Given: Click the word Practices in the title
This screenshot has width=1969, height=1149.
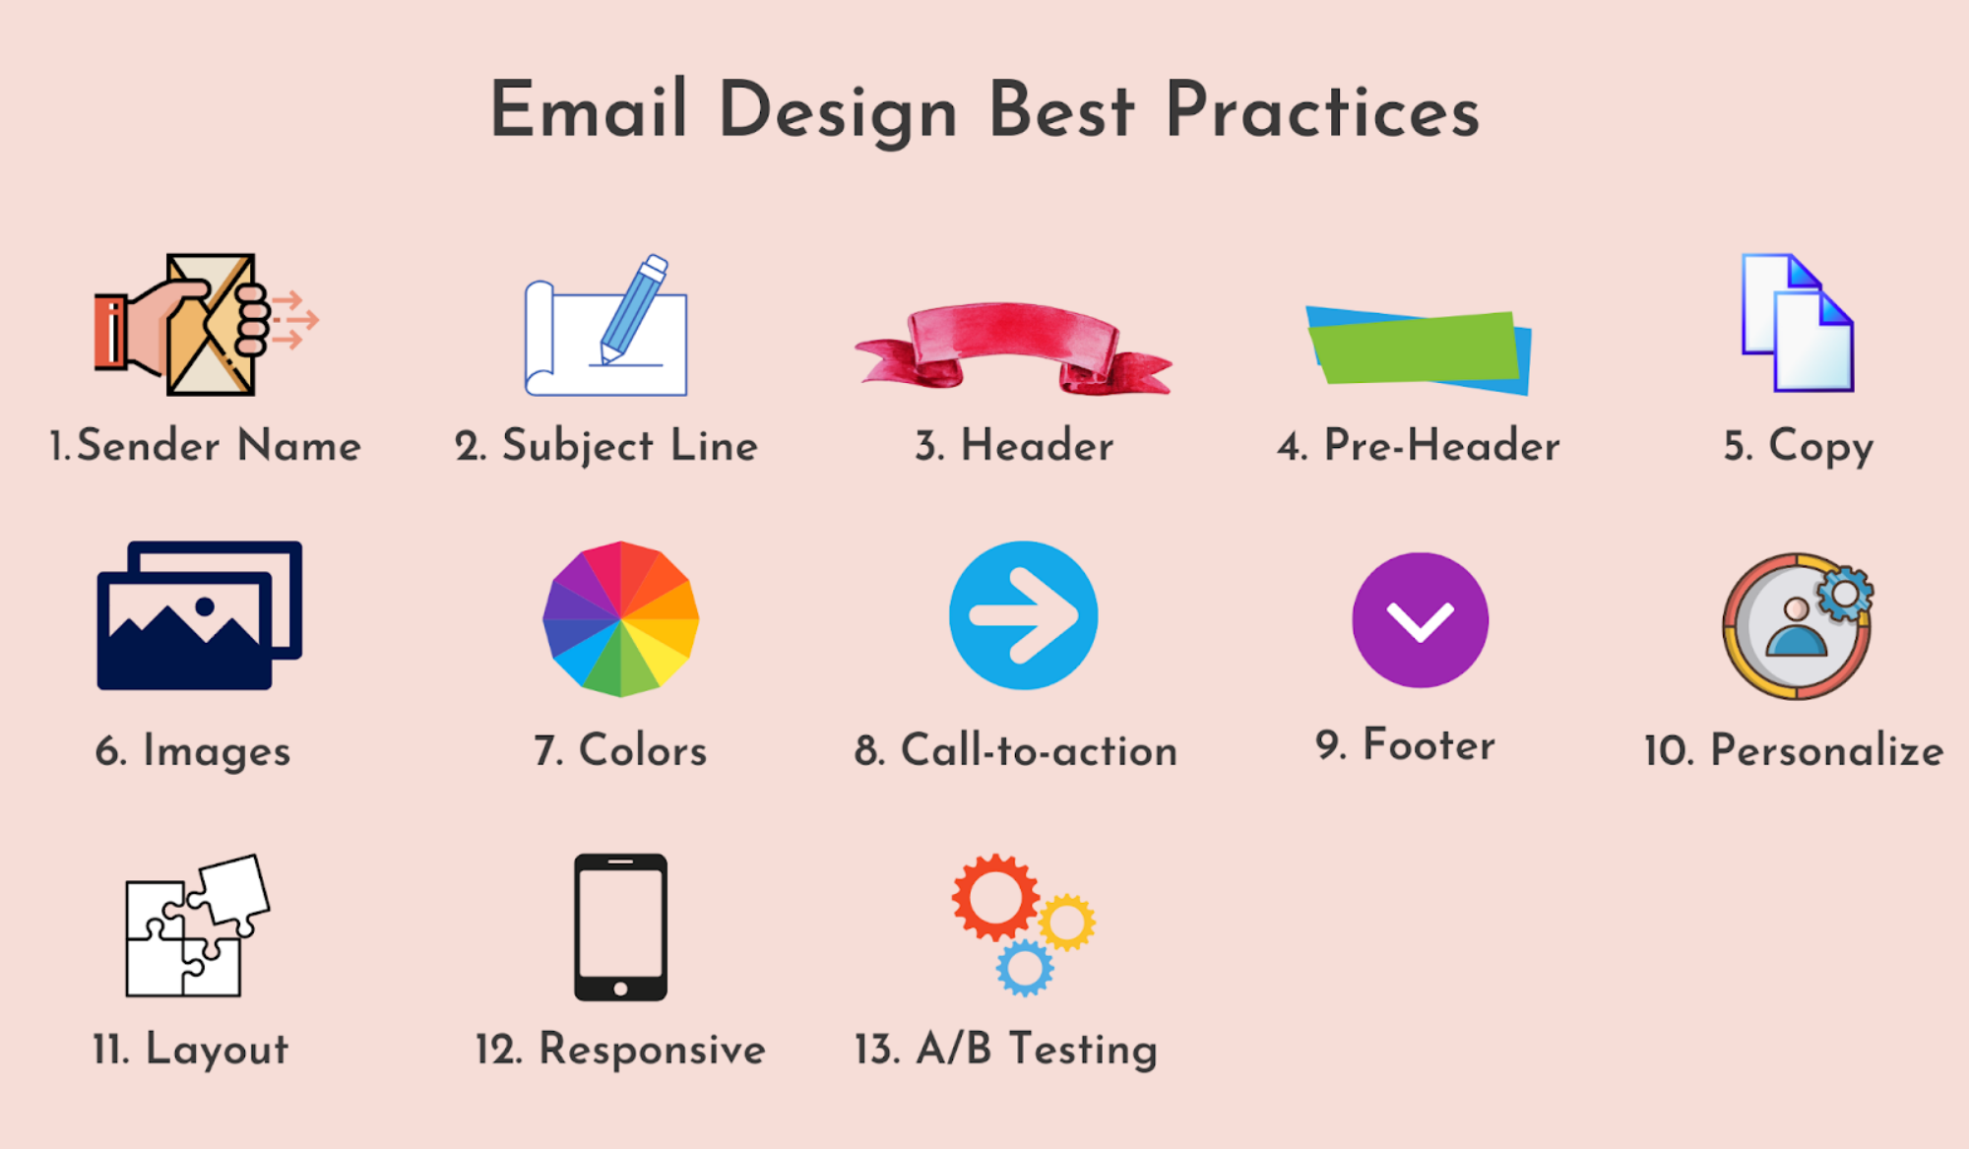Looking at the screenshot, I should point(1321,110).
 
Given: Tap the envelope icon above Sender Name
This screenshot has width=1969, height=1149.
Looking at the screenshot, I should point(211,325).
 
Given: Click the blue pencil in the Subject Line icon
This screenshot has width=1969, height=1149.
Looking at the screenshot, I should point(633,307).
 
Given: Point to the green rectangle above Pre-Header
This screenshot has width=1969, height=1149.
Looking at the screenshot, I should point(1416,348).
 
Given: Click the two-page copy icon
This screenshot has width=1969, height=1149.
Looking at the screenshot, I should point(1798,324).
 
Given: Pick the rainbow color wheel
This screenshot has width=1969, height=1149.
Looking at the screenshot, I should point(620,619).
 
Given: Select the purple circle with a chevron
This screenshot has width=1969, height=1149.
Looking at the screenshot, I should point(1420,620).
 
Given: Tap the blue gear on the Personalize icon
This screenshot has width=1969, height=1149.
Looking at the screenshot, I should point(1843,594).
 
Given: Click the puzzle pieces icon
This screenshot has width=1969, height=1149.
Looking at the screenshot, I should point(197,926).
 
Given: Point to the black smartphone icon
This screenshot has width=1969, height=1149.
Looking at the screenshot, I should point(620,926).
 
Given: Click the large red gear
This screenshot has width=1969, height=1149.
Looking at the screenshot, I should point(994,897).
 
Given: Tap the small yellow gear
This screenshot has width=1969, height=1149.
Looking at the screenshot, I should point(1066,922).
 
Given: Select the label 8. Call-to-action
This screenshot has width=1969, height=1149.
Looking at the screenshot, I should point(1015,750).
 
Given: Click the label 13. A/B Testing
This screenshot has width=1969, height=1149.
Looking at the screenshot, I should point(1005,1049).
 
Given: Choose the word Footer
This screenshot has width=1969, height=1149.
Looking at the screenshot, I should point(1428,745).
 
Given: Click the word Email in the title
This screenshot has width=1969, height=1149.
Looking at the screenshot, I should point(588,110).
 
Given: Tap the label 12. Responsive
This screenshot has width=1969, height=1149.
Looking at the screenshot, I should point(620,1050).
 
